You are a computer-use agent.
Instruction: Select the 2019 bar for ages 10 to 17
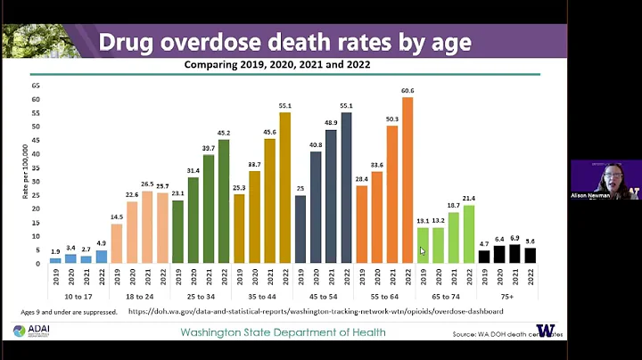click(55, 261)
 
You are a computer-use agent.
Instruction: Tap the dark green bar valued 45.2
click(223, 201)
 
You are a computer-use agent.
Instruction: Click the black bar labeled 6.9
click(514, 254)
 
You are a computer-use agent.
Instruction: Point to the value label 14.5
click(117, 217)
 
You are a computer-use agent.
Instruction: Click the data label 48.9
click(331, 122)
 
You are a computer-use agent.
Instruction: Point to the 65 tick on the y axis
click(36, 86)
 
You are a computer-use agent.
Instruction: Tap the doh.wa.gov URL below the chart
click(317, 312)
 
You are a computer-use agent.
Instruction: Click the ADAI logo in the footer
click(31, 331)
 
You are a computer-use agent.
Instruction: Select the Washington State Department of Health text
click(283, 332)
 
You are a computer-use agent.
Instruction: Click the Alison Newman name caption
click(590, 194)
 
